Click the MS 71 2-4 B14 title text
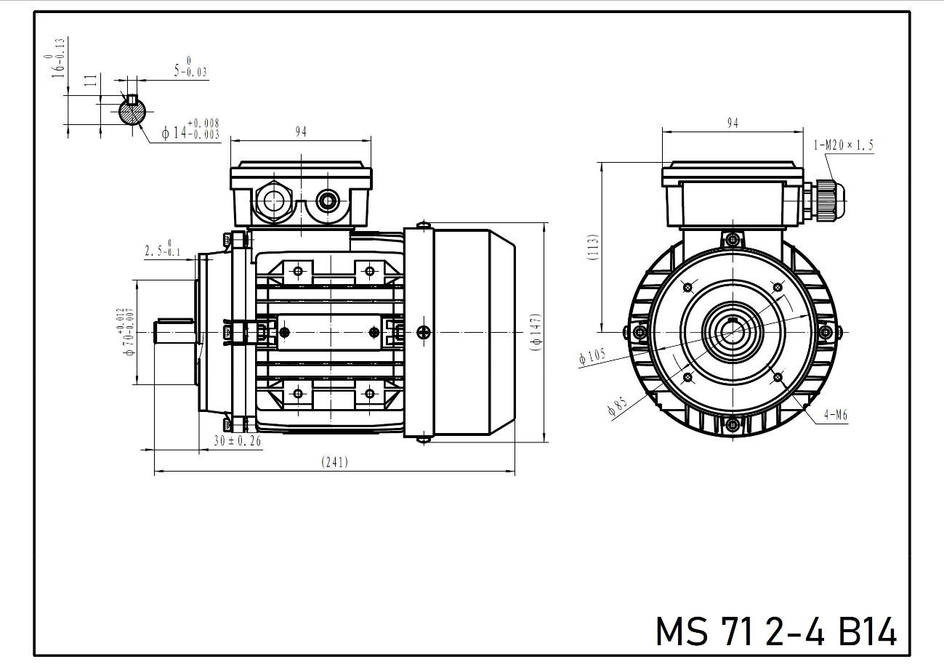[776, 631]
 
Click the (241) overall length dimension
[335, 462]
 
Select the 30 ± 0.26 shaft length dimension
[238, 440]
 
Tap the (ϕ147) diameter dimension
[536, 333]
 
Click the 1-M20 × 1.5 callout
[844, 145]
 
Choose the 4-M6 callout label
[836, 416]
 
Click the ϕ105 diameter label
[592, 357]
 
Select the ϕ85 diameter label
[616, 407]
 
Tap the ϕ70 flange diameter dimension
[126, 332]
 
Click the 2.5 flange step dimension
[162, 251]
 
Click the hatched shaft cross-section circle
[132, 111]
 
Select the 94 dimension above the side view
[301, 132]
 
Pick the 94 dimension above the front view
[733, 124]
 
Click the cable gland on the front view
[826, 201]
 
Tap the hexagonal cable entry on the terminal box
[274, 199]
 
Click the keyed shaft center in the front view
[733, 333]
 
